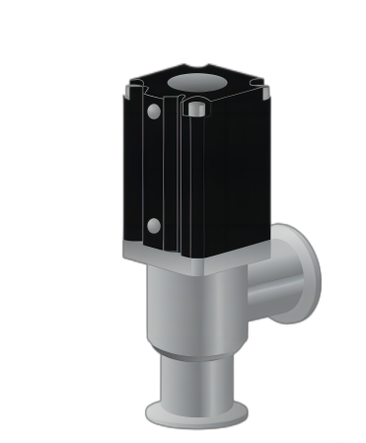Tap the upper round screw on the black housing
point(154,112)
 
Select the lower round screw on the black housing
point(154,226)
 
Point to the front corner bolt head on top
point(196,106)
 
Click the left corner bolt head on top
point(134,92)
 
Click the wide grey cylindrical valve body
point(192,311)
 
